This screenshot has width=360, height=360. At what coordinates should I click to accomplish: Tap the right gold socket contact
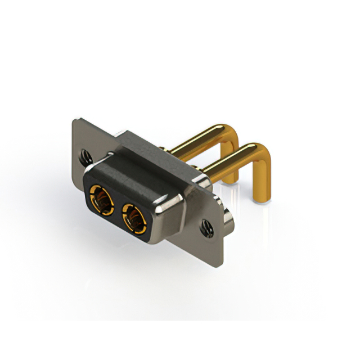(134, 218)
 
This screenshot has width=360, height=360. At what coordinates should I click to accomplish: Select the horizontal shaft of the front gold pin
(228, 160)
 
